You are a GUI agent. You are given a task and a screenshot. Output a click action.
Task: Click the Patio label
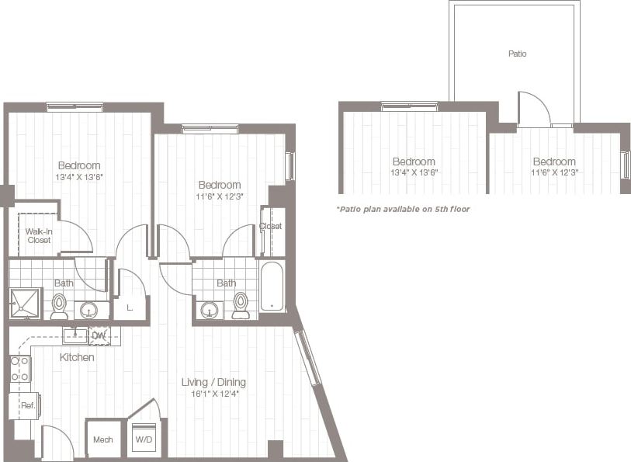517,54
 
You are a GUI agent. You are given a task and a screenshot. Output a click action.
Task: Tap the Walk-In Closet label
38,236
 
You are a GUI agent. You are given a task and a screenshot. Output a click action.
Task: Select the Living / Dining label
213,382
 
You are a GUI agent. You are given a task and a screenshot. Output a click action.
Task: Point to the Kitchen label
77,357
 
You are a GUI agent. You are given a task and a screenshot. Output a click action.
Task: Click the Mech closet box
103,439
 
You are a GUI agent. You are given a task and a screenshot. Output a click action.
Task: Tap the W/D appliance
144,440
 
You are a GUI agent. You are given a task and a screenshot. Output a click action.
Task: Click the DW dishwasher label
99,335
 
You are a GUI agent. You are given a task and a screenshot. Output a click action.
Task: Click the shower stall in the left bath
25,303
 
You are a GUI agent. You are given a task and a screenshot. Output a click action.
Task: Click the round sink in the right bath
210,310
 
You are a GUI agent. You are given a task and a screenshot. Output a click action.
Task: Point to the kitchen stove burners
20,369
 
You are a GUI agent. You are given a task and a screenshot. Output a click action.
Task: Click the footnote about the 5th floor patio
403,209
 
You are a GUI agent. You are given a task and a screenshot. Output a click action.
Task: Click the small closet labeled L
129,308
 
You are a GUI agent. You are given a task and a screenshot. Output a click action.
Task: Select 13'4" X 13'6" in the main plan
78,177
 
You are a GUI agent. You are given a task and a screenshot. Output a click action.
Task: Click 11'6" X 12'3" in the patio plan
553,172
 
